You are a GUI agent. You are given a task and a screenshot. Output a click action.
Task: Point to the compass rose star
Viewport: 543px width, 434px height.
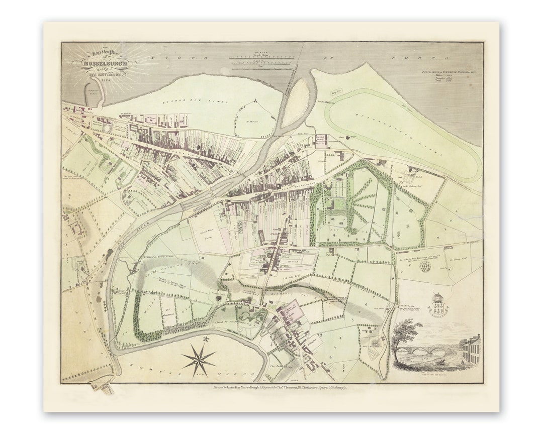(199, 359)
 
